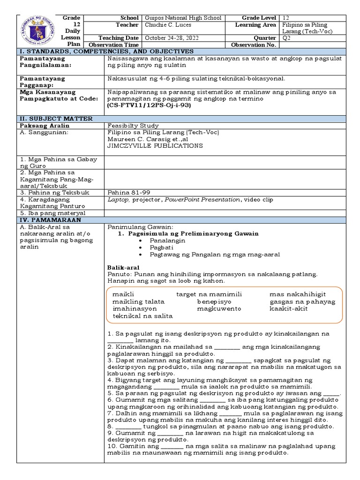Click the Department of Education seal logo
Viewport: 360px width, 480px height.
[x=37, y=30]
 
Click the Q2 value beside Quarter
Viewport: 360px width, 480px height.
[x=287, y=38]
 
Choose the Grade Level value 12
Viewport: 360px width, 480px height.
[x=286, y=18]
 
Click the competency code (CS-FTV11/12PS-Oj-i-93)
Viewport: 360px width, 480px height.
[x=149, y=105]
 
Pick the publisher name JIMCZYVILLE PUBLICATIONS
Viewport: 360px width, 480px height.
[x=155, y=146]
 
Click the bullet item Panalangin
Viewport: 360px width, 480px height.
[x=167, y=240]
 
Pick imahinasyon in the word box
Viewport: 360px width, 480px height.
[x=135, y=309]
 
